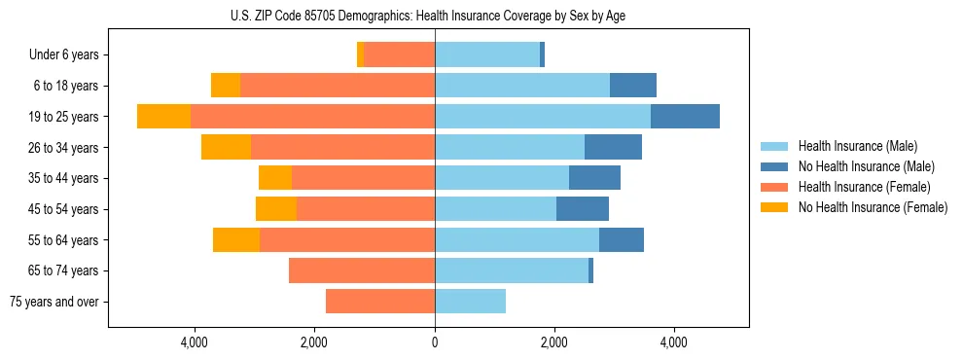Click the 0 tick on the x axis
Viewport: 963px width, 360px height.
pyautogui.click(x=435, y=342)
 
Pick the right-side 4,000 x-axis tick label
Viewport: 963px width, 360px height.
pyautogui.click(x=674, y=342)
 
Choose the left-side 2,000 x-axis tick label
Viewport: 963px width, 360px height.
pyautogui.click(x=314, y=342)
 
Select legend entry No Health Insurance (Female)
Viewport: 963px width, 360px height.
pyautogui.click(x=872, y=207)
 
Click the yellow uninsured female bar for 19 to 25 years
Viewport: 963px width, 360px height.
pyautogui.click(x=163, y=117)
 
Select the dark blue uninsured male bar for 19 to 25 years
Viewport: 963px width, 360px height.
pyautogui.click(x=685, y=117)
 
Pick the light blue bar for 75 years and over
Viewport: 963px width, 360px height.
pyautogui.click(x=470, y=302)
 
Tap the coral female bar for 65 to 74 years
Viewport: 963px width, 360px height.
pyautogui.click(x=362, y=270)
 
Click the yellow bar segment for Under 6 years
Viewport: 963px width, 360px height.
pyautogui.click(x=360, y=55)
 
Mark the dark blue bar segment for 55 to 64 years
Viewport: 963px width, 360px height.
pyautogui.click(x=622, y=240)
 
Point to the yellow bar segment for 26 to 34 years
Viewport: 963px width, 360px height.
pyautogui.click(x=226, y=148)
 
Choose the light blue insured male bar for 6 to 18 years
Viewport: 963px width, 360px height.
pyautogui.click(x=522, y=86)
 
